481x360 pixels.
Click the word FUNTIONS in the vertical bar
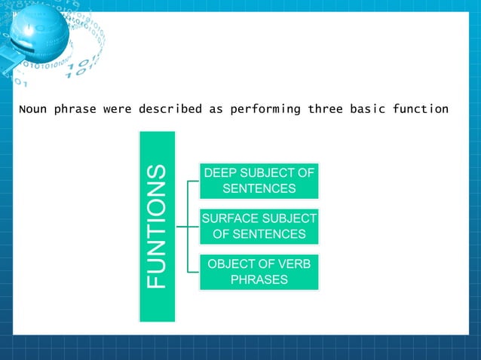click(x=156, y=227)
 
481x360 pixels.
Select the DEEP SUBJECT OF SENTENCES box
click(x=259, y=180)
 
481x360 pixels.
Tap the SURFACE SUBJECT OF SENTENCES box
click(x=259, y=227)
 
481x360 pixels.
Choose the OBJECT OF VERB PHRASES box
click(x=259, y=272)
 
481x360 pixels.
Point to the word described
click(x=170, y=109)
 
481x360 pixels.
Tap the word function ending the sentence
click(x=421, y=109)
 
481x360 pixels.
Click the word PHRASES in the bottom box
click(x=259, y=279)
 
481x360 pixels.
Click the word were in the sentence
click(x=118, y=109)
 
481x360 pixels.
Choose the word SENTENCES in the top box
click(x=259, y=188)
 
